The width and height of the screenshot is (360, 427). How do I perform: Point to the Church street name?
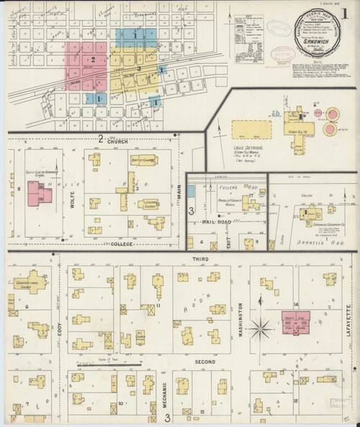pyautogui.click(x=117, y=142)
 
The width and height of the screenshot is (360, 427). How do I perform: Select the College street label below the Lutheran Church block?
pyautogui.click(x=122, y=243)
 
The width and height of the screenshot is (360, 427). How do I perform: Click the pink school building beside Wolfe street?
pyautogui.click(x=35, y=193)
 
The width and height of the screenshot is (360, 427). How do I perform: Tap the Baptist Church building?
pyautogui.click(x=143, y=161)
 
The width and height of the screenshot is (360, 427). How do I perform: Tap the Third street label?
pyautogui.click(x=199, y=257)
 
